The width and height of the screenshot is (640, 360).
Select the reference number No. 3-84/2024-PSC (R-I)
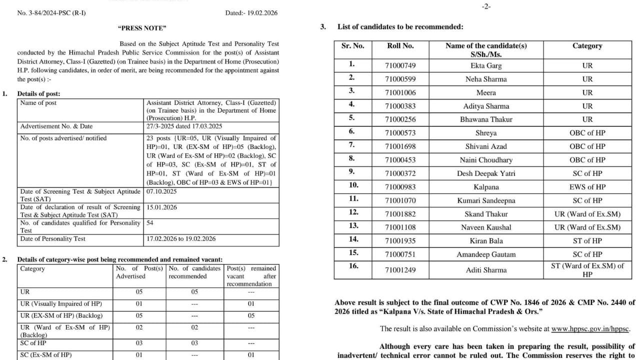tap(51, 13)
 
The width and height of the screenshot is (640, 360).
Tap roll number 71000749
tap(400, 65)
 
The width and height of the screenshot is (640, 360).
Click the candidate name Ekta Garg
tap(486, 65)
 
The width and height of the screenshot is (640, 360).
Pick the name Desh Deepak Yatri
tap(486, 173)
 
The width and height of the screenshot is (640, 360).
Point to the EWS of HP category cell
tap(587, 187)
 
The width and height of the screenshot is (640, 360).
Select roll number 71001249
tap(400, 270)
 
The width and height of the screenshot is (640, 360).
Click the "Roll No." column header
tap(400, 45)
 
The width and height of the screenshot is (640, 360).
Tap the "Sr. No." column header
tap(352, 45)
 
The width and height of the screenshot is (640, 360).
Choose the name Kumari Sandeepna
tap(486, 200)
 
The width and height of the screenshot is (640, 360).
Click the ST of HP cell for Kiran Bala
tap(587, 241)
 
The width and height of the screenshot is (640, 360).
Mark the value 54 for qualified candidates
tap(150, 223)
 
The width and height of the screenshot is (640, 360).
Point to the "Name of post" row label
tap(38, 103)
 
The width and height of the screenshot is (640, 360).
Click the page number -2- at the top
tap(485, 7)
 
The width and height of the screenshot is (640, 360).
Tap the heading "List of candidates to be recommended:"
tap(400, 27)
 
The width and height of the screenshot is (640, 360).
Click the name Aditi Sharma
tap(486, 270)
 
